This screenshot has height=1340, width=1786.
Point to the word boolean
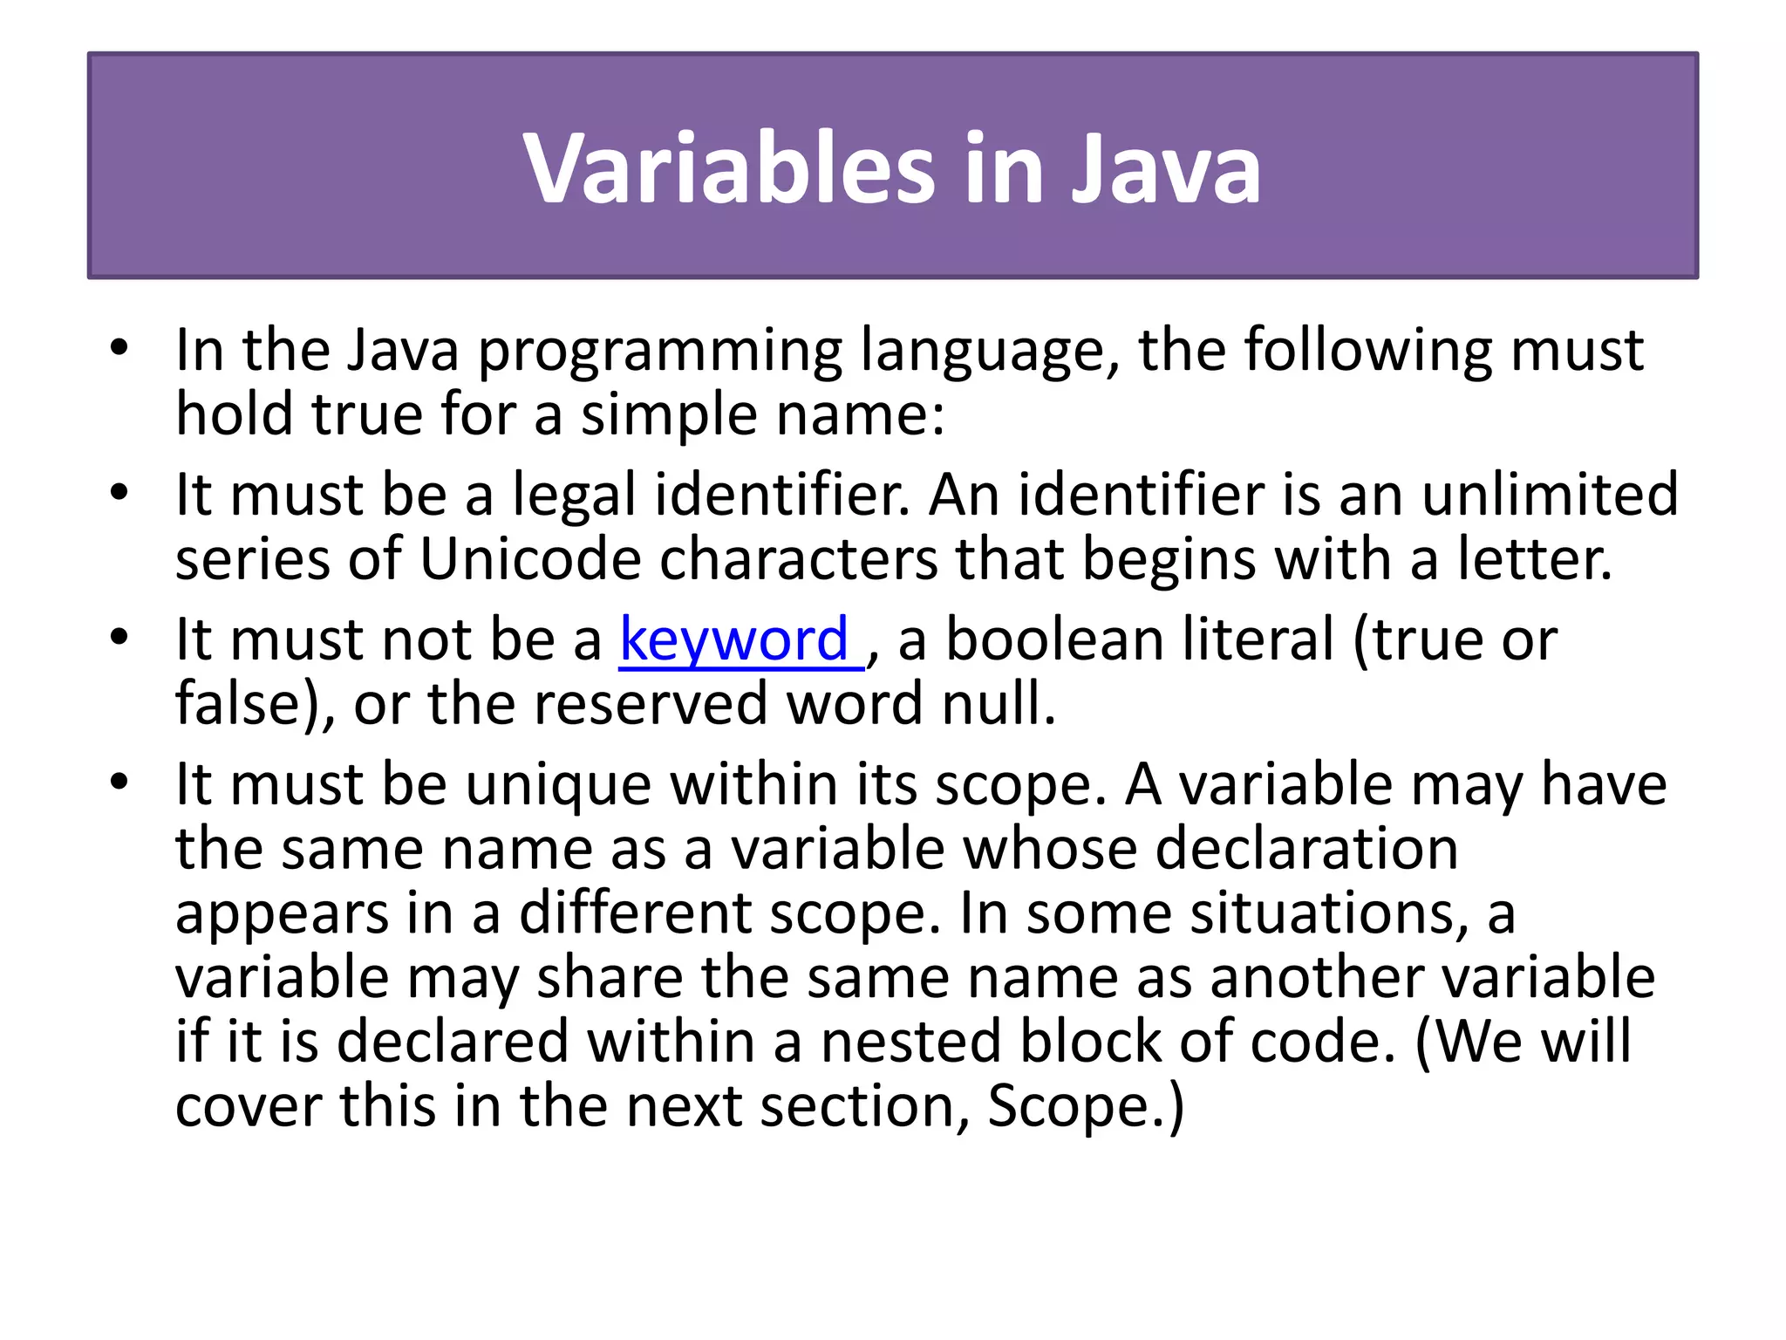point(1054,640)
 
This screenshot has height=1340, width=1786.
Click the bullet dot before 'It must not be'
point(119,637)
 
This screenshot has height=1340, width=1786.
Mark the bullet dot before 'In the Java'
point(119,348)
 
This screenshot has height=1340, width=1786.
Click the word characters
point(798,559)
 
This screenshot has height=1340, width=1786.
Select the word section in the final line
point(864,1106)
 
